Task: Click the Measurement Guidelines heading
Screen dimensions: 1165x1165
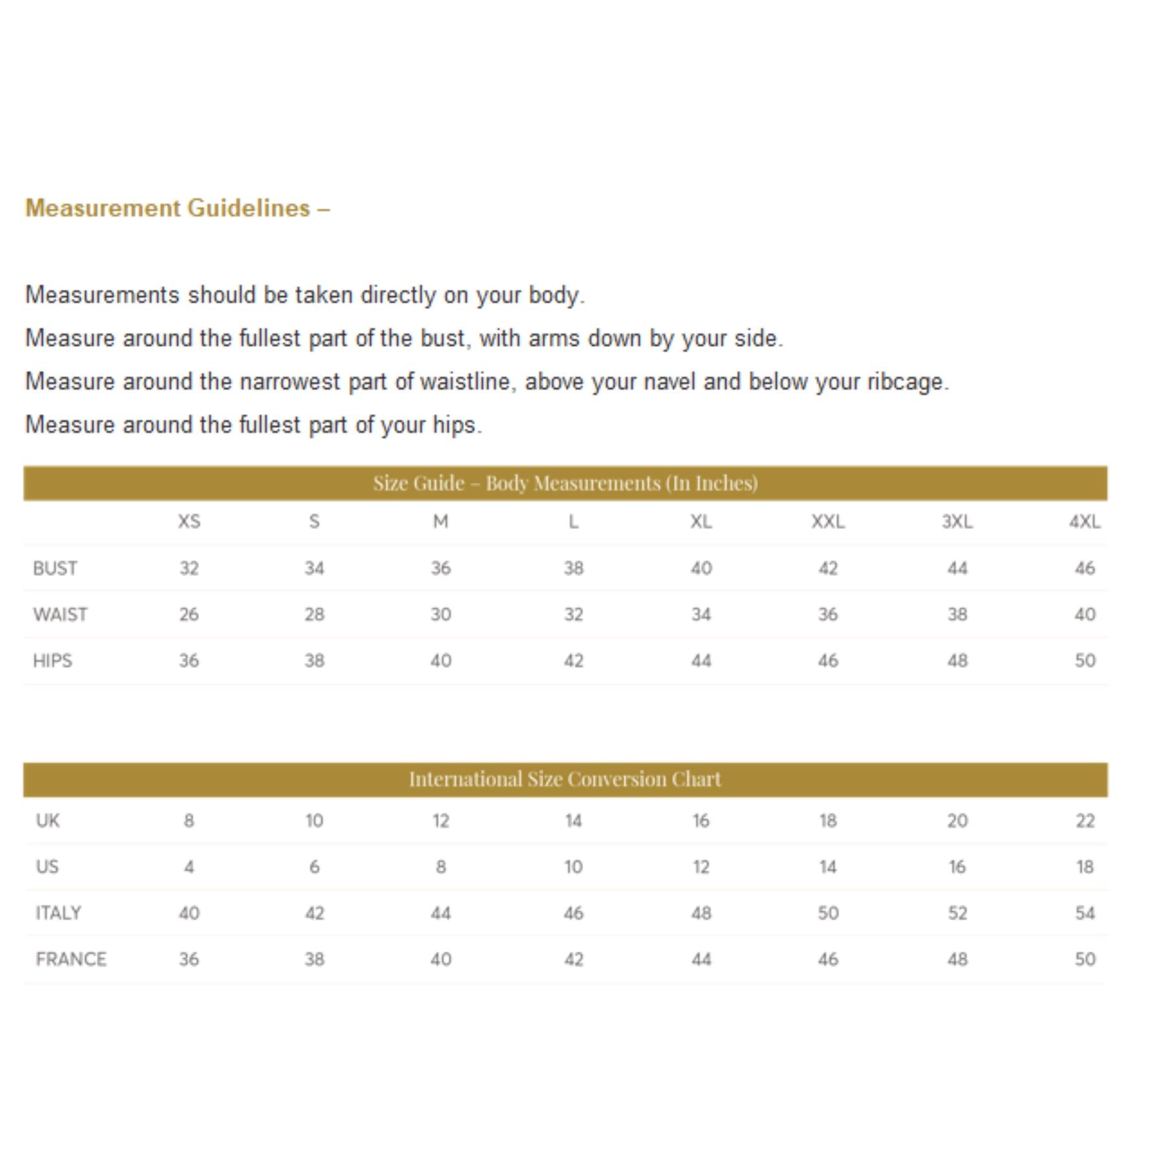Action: tap(177, 208)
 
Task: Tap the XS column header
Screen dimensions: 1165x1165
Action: tap(189, 522)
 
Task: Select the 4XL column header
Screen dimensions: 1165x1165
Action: tap(1085, 522)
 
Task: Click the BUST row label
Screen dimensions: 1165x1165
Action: tap(55, 568)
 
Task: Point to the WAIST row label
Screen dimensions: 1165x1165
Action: tap(60, 614)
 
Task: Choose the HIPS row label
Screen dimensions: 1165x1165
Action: tap(52, 661)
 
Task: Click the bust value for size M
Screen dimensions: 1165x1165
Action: tap(441, 568)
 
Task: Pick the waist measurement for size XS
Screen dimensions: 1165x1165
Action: tap(189, 614)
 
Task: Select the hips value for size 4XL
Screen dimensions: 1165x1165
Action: tap(1085, 661)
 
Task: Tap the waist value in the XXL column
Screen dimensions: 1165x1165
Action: tap(828, 614)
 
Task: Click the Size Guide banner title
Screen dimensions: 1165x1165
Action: tap(565, 483)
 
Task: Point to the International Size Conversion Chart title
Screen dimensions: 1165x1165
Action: tap(565, 779)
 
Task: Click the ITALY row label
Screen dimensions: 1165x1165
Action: tap(58, 913)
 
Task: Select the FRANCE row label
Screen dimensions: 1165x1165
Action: tap(71, 959)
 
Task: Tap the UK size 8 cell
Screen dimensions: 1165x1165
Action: tap(189, 821)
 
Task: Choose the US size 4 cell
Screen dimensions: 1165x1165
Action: tap(189, 867)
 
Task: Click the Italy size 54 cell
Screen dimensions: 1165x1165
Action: tap(1085, 913)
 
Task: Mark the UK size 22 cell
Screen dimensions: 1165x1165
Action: tap(1085, 821)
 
